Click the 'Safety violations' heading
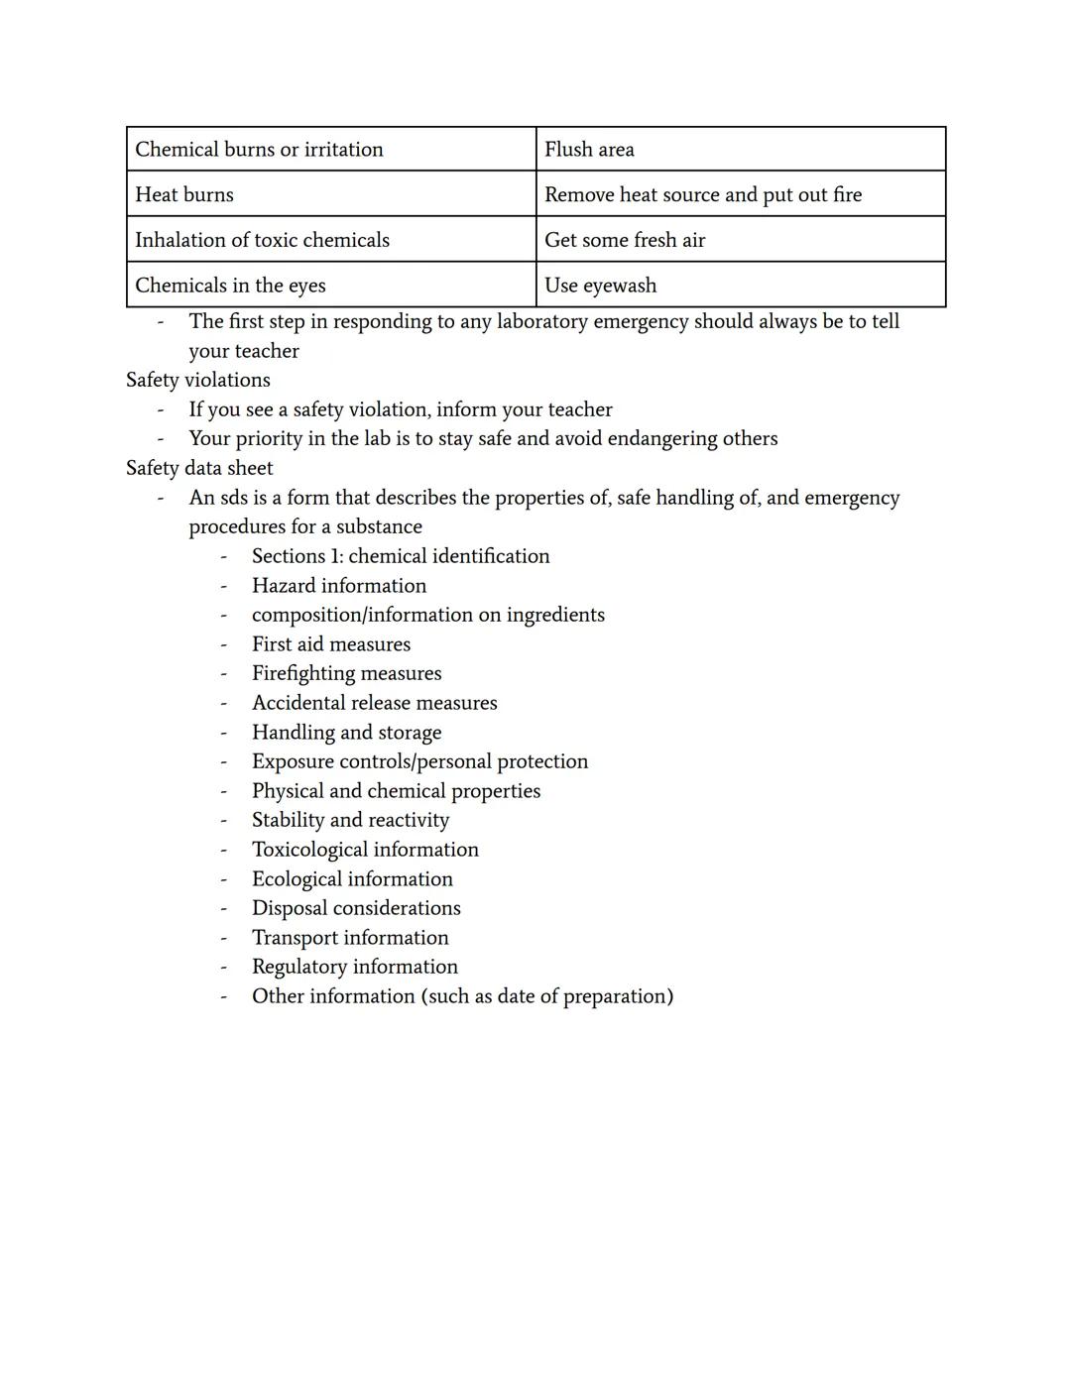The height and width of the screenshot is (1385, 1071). (198, 380)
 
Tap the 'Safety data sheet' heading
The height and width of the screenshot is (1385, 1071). (199, 468)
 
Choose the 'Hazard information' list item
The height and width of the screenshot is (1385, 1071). (339, 586)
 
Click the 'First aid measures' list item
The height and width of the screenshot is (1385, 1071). (331, 644)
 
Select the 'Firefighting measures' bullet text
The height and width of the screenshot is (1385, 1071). (347, 673)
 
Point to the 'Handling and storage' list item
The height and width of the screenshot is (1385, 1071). (347, 733)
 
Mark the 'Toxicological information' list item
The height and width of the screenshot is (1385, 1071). (365, 850)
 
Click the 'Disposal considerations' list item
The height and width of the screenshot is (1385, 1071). (356, 908)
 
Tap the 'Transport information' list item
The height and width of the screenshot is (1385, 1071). (350, 938)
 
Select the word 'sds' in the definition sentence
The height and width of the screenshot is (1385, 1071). (234, 498)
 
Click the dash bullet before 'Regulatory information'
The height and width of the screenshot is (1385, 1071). (224, 968)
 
